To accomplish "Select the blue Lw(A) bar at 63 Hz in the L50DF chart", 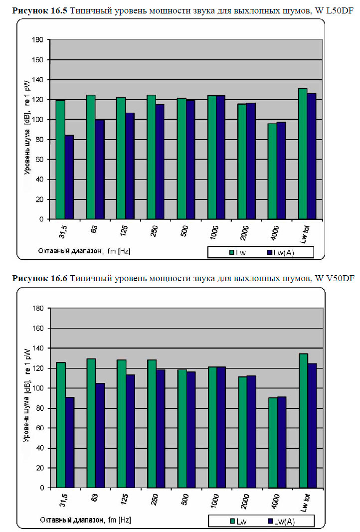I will (99, 170).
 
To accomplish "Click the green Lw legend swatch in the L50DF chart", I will (232, 253).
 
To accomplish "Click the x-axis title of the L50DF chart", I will (84, 251).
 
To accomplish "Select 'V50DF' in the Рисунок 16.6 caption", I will (341, 277).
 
